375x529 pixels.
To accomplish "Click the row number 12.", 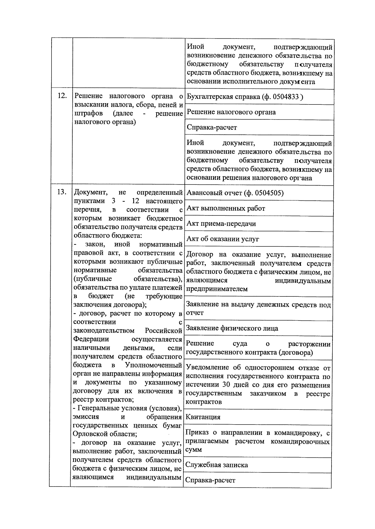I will [x=62, y=96].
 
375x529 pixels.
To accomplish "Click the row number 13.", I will [x=62, y=192].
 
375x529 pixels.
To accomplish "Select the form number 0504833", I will [x=286, y=97].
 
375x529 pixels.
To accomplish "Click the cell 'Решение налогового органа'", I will [x=231, y=112].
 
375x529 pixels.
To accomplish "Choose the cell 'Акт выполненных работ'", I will [x=226, y=208].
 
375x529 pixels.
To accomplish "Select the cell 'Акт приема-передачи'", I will [x=221, y=224].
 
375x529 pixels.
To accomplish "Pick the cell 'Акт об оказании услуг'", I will [x=222, y=239].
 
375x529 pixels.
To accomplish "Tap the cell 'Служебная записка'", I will [x=217, y=465].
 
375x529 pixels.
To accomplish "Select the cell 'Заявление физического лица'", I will [x=232, y=328].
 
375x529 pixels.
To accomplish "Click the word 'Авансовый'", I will [x=202, y=193].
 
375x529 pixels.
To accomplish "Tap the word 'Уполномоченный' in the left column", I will [x=153, y=365].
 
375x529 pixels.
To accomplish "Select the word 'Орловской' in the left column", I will [x=88, y=434].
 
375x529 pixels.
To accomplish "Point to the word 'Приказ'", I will [x=196, y=433].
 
